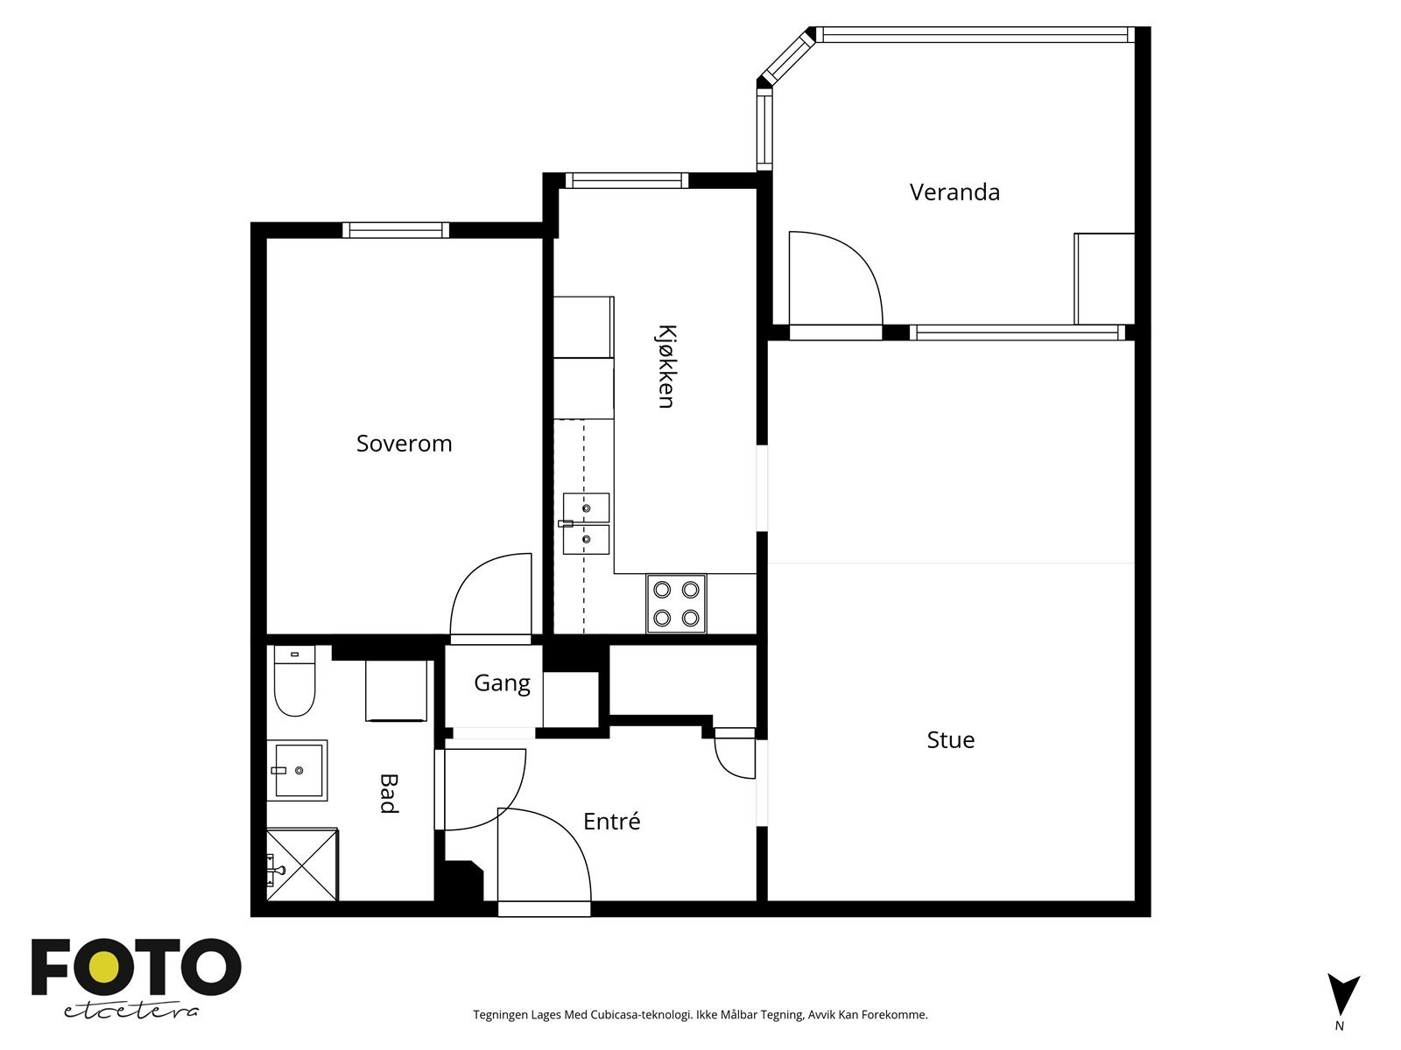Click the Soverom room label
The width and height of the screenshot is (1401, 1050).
tap(404, 443)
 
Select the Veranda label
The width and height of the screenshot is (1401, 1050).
tap(954, 192)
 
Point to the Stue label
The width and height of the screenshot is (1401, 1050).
tap(950, 739)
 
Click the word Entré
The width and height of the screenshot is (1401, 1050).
tap(611, 821)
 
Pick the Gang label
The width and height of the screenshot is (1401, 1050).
tap(503, 683)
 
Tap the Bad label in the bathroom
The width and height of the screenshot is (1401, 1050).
tap(389, 794)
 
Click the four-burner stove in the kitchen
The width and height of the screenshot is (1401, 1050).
tap(676, 604)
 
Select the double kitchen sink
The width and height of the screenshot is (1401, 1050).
tap(585, 523)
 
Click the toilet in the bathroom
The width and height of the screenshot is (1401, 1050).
tap(294, 680)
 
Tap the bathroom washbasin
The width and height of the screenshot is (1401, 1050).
tap(297, 770)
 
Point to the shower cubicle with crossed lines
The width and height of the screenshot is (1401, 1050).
tap(302, 864)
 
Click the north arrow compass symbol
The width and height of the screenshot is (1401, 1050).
tap(1343, 995)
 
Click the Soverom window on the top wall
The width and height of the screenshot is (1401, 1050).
tap(396, 230)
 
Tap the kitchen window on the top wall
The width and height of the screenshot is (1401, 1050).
tap(627, 180)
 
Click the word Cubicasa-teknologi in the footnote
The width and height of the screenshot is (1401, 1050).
tap(641, 1014)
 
